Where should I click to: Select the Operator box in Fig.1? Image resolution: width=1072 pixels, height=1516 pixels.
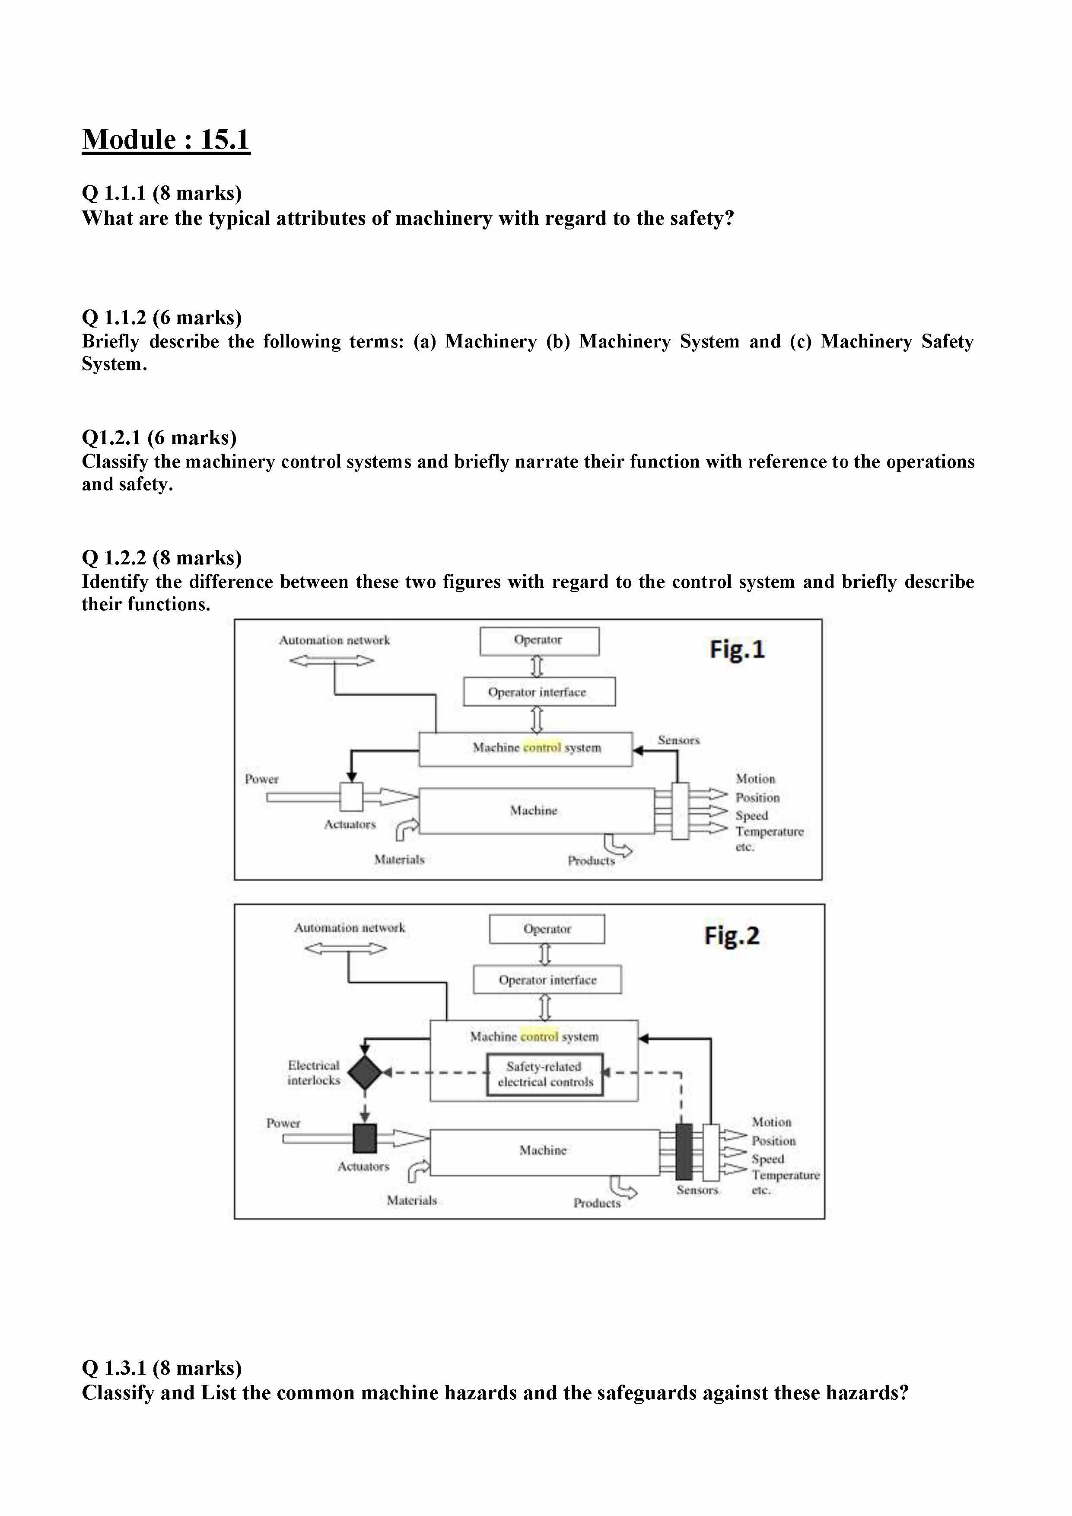click(x=539, y=640)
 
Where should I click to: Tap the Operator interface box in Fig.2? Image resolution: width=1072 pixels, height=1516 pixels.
click(x=547, y=980)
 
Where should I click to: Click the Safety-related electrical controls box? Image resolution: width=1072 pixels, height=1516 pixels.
click(x=545, y=1074)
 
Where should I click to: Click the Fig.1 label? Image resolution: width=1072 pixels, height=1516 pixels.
click(x=737, y=650)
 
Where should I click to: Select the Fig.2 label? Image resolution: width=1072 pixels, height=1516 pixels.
click(x=732, y=936)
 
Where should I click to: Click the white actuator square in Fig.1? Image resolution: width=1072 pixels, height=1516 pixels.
click(x=351, y=796)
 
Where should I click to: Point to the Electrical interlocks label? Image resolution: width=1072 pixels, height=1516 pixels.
click(x=314, y=1072)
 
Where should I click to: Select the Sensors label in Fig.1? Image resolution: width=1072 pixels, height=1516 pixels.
click(x=678, y=740)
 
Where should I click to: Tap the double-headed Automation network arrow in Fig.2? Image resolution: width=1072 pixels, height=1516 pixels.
click(x=346, y=949)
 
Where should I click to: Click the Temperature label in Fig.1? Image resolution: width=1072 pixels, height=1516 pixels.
click(x=770, y=832)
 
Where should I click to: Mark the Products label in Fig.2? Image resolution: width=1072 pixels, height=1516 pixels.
click(x=597, y=1203)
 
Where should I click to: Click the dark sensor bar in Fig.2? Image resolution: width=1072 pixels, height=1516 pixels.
click(x=684, y=1152)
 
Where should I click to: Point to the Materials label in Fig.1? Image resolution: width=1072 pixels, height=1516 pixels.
click(x=399, y=860)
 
